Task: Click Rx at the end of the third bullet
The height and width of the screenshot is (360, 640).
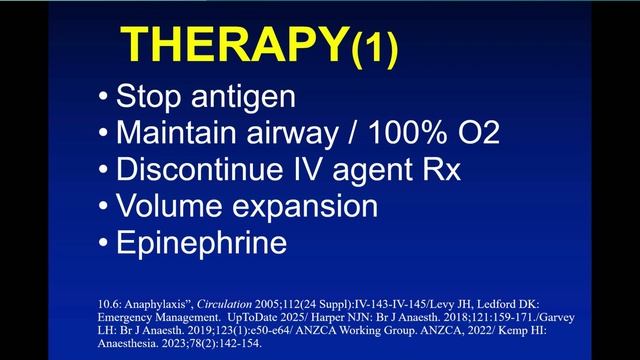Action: click(x=439, y=170)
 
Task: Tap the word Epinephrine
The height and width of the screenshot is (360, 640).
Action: click(x=201, y=243)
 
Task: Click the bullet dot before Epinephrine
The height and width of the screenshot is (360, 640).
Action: click(x=105, y=243)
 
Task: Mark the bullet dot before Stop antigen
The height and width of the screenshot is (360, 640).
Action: click(x=105, y=98)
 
